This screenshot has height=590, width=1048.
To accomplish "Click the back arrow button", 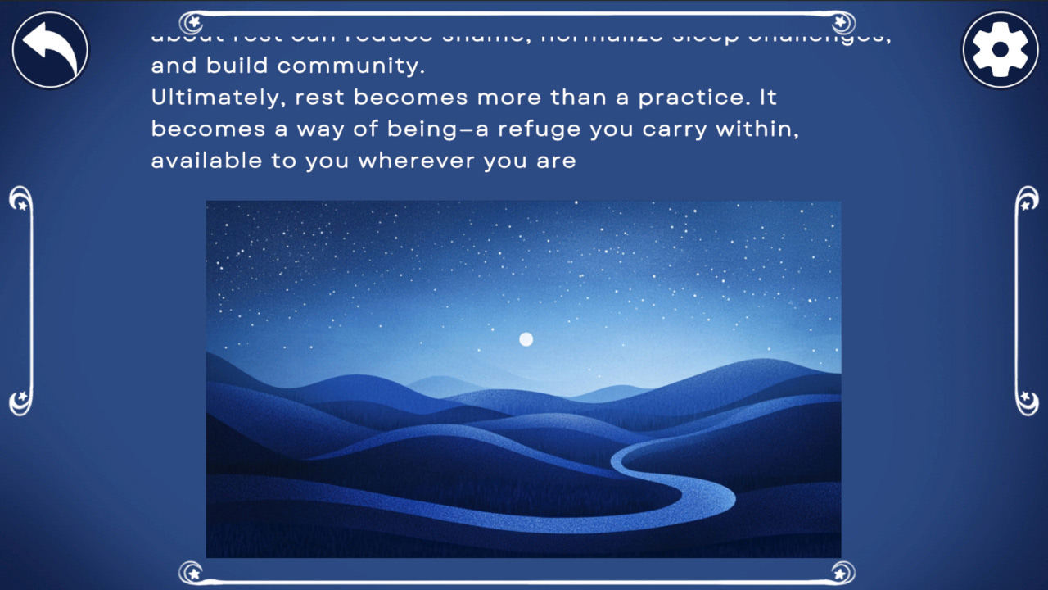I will point(50,49).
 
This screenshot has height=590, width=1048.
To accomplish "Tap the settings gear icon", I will point(1000,50).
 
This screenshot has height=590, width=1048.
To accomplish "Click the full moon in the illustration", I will point(526,339).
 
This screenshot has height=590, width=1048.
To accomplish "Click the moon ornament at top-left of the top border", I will point(191,21).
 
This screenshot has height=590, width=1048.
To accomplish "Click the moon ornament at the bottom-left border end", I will point(191,571).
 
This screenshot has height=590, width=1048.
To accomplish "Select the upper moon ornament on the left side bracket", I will point(20,199).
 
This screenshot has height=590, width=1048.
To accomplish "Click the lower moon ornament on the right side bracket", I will point(1026,401).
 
